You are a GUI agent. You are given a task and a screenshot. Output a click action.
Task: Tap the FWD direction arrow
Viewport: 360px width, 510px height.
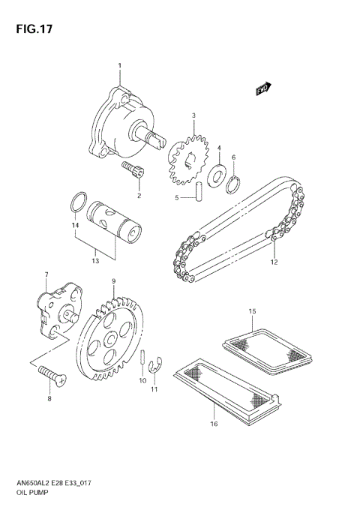[262, 89]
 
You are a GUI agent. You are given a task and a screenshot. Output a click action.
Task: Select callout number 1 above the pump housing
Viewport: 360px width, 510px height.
[119, 67]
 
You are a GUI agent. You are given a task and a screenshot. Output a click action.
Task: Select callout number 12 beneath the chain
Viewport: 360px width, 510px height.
[274, 262]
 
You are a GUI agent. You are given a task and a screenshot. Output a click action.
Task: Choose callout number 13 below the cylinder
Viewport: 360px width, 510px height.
[95, 261]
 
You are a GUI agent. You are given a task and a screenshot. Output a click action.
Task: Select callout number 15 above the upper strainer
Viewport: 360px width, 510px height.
[253, 310]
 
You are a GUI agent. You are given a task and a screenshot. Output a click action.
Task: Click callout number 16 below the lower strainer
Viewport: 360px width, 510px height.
[214, 424]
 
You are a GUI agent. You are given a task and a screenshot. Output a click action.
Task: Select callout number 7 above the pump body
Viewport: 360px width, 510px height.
[46, 274]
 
